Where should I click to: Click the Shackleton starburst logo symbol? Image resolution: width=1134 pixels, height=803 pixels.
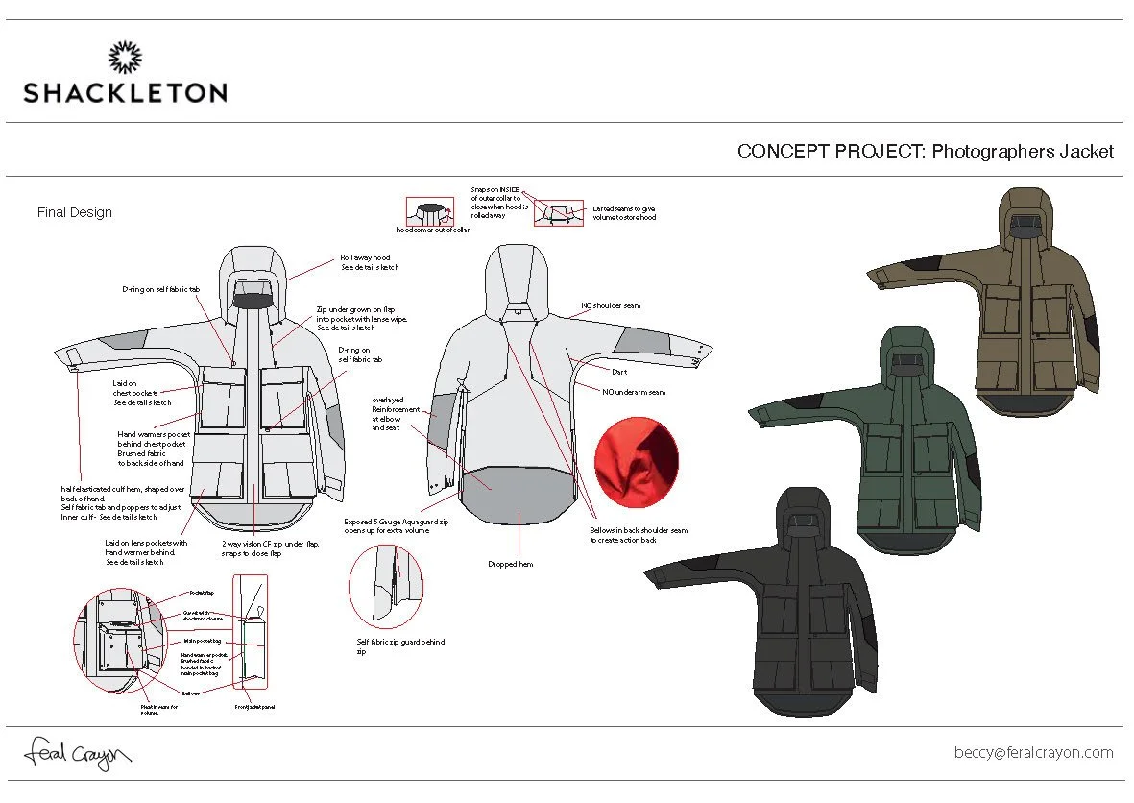click(125, 58)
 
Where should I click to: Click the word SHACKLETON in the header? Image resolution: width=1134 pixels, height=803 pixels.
click(125, 93)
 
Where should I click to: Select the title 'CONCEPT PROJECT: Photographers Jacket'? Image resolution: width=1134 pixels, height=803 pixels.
click(925, 152)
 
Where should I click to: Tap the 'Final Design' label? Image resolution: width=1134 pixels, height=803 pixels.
click(75, 212)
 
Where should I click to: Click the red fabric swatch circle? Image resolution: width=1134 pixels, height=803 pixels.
click(637, 456)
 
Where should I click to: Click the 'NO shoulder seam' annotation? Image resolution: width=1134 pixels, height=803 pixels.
click(610, 306)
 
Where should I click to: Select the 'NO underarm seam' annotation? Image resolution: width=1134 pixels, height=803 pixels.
click(634, 392)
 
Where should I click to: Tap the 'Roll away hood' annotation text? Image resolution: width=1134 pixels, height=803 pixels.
click(369, 262)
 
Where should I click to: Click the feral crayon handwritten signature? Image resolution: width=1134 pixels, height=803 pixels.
click(77, 753)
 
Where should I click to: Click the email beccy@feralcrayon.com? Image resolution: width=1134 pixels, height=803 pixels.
click(1033, 753)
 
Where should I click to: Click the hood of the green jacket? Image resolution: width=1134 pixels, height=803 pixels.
click(908, 353)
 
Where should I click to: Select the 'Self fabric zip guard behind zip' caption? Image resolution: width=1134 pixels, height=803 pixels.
click(400, 646)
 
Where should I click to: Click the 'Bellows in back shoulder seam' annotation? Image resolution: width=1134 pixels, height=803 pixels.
click(639, 535)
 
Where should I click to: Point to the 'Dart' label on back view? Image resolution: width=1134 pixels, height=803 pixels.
click(619, 371)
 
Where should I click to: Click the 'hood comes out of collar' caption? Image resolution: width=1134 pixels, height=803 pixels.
click(433, 231)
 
